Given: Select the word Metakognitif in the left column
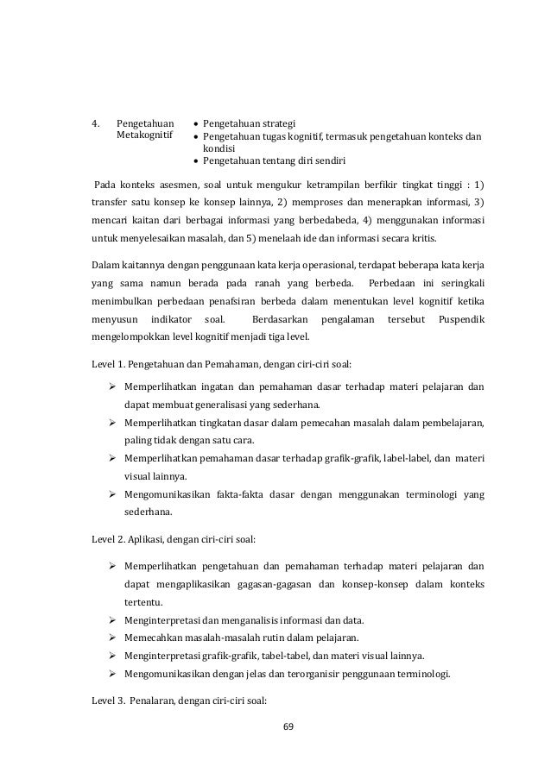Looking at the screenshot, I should pyautogui.click(x=144, y=135).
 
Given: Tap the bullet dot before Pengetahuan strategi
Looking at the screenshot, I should pyautogui.click(x=197, y=123).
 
